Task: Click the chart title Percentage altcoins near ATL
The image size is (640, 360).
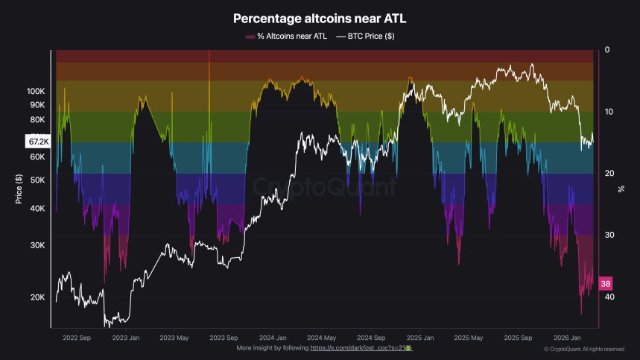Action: pos(320,18)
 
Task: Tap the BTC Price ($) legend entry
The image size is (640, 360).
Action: pos(366,36)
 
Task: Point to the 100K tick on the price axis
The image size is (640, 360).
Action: pos(36,91)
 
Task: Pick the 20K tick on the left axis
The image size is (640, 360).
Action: pos(37,297)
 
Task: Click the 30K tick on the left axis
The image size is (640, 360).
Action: pos(37,245)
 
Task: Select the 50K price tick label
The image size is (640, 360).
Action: pos(37,180)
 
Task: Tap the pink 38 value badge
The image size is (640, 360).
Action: pos(606,284)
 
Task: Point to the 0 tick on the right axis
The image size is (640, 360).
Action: pos(607,50)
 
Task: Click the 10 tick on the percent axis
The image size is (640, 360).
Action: pos(609,112)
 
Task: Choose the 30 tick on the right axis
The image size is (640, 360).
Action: pos(609,235)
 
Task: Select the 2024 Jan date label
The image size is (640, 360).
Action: pos(270,337)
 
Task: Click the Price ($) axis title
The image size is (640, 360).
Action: pos(17,189)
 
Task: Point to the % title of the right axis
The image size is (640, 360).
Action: pos(621,189)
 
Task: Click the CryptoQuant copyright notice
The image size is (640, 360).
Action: pos(584,349)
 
